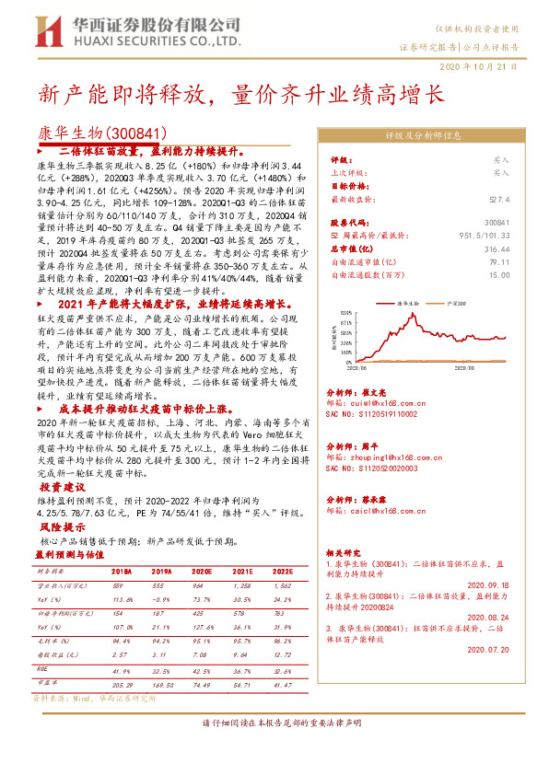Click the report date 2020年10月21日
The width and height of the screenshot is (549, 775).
tap(494, 67)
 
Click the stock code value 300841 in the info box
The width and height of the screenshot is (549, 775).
tap(496, 223)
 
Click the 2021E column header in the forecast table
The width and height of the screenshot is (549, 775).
tap(241, 572)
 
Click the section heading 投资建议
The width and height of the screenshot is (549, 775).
tap(63, 486)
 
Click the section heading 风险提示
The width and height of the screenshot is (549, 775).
tap(63, 527)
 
